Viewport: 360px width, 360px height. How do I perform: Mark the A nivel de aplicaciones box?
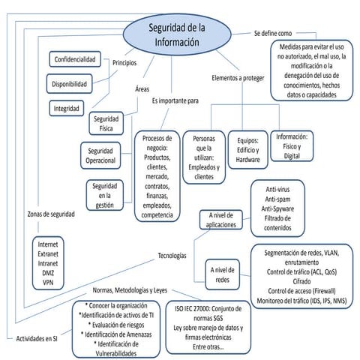[x=221, y=220]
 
